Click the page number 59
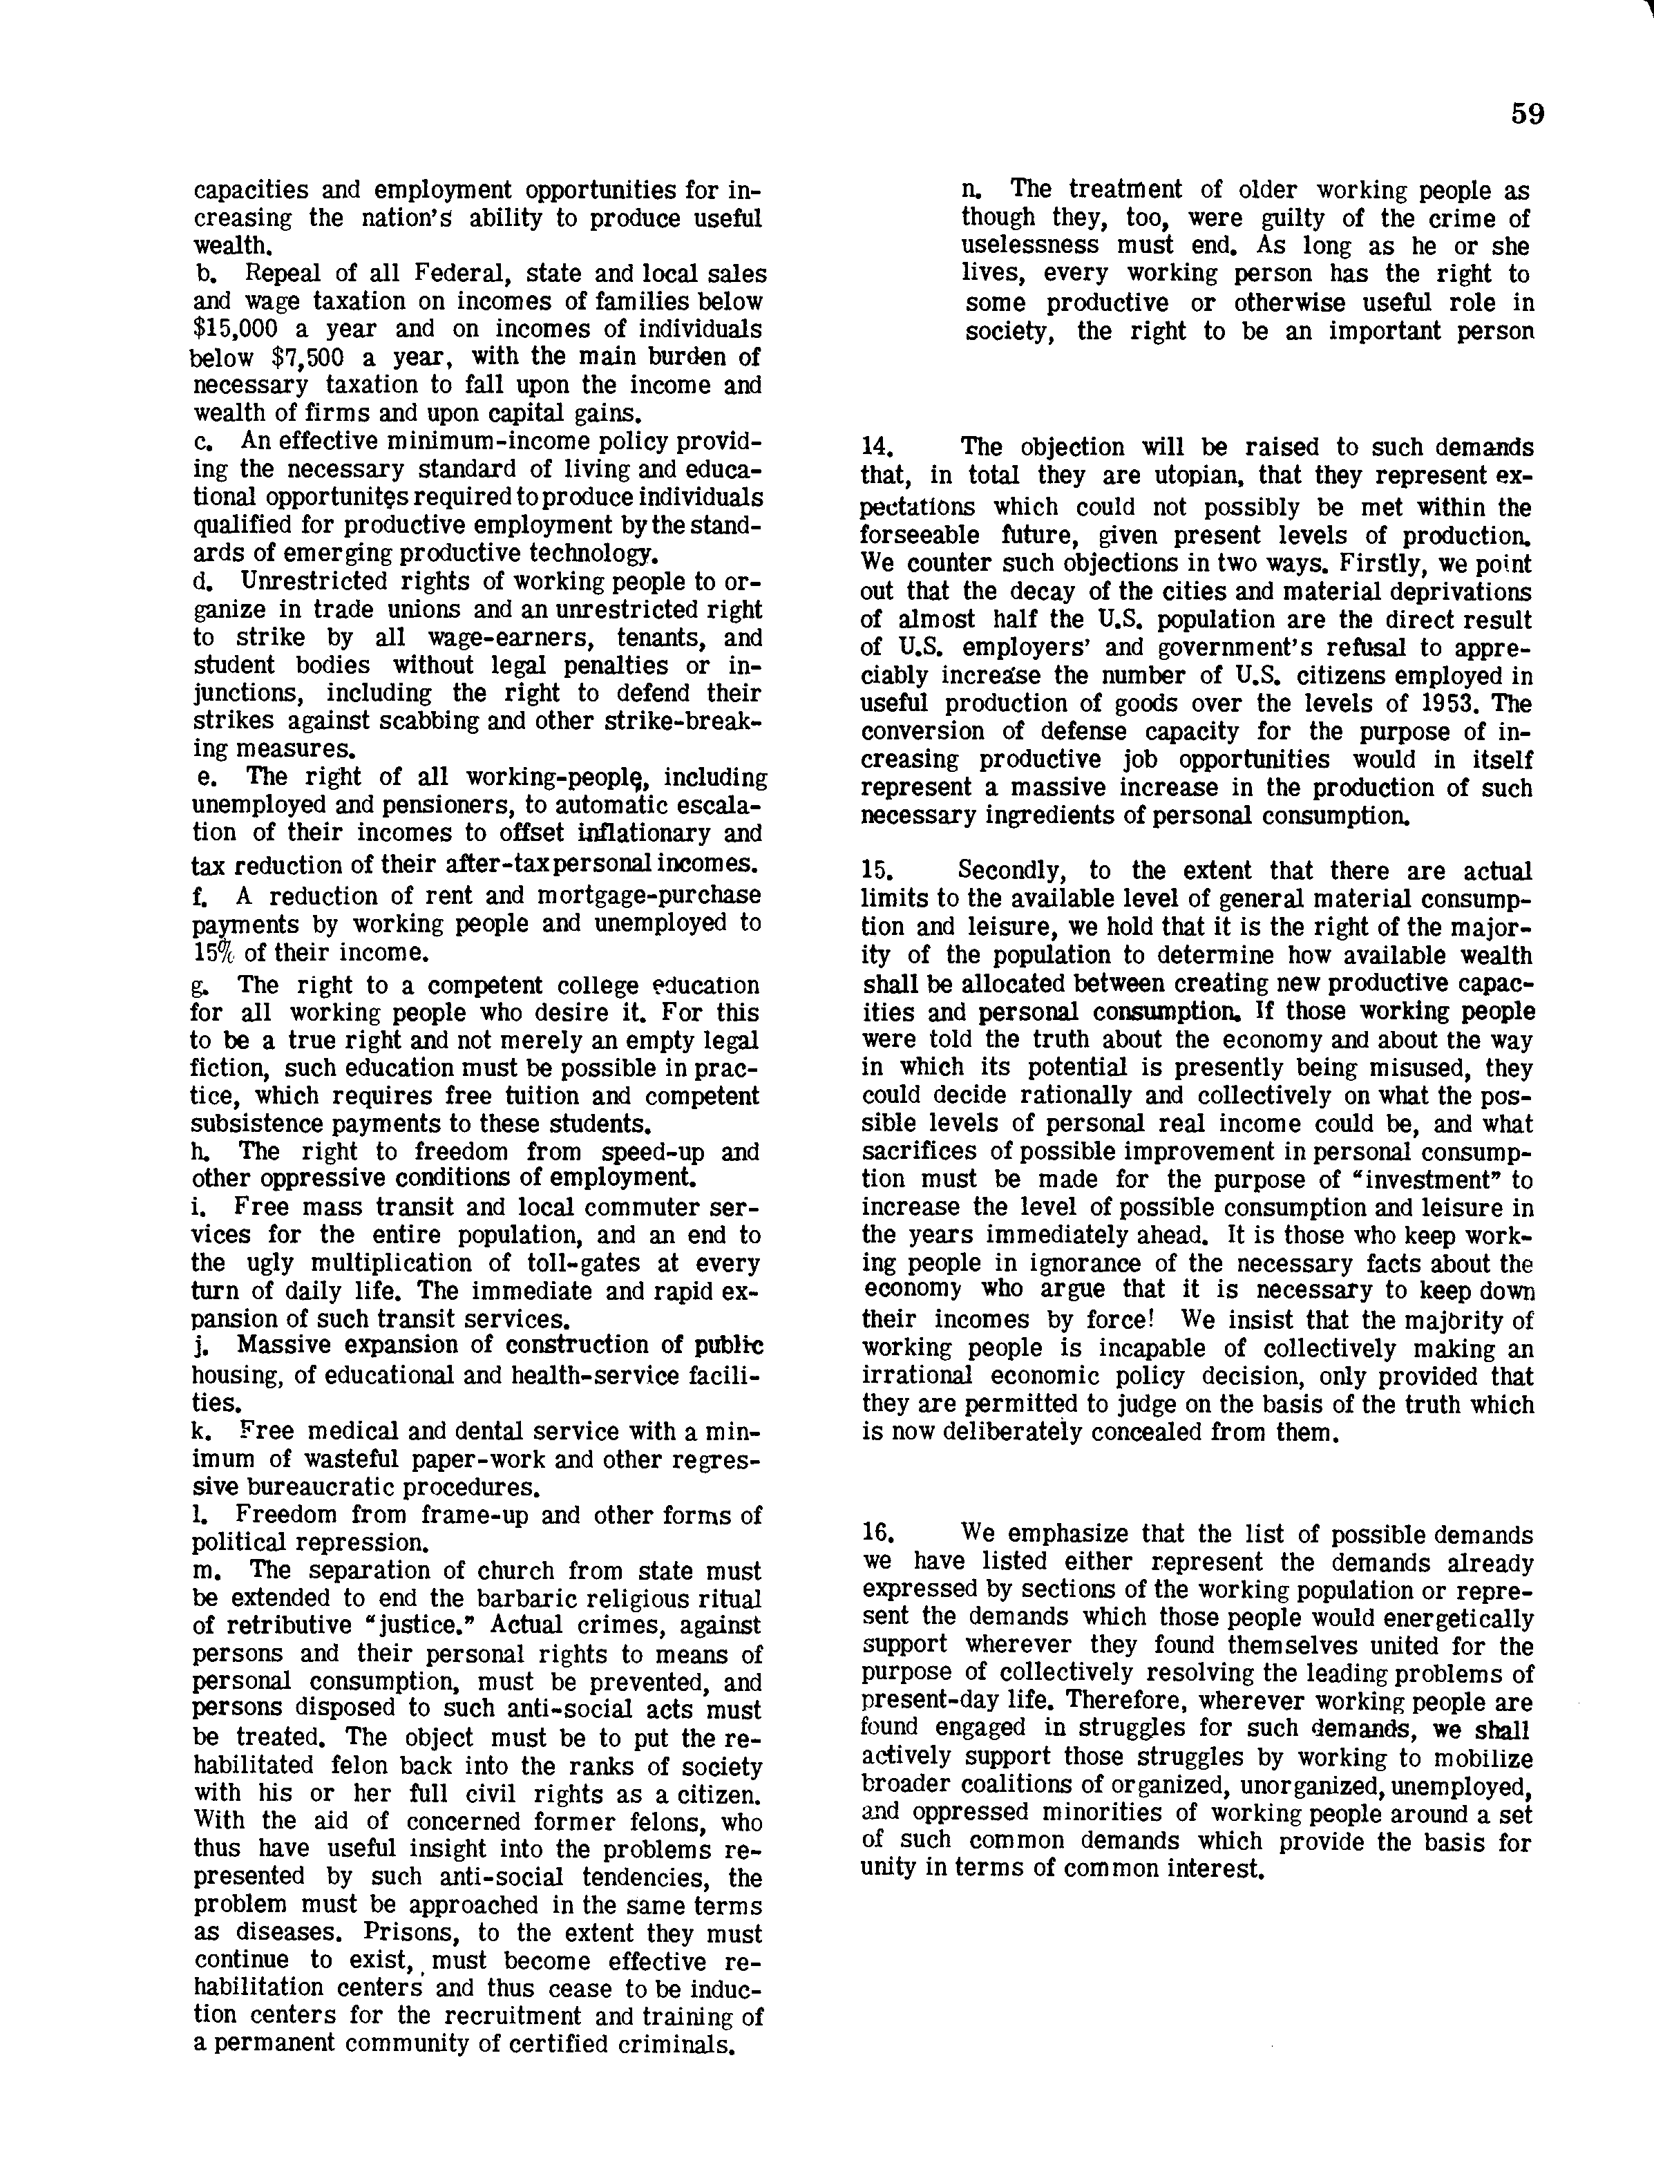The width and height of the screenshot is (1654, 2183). point(1527,115)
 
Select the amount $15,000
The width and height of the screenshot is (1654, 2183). point(237,330)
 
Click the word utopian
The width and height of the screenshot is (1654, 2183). point(1181,477)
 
